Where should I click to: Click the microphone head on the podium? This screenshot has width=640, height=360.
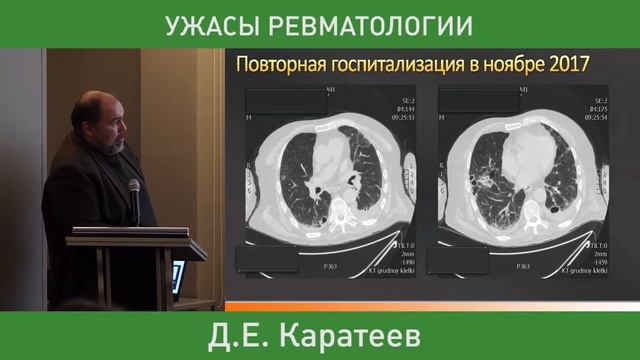pos(134,187)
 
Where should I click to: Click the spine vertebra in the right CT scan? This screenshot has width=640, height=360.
pos(523,210)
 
